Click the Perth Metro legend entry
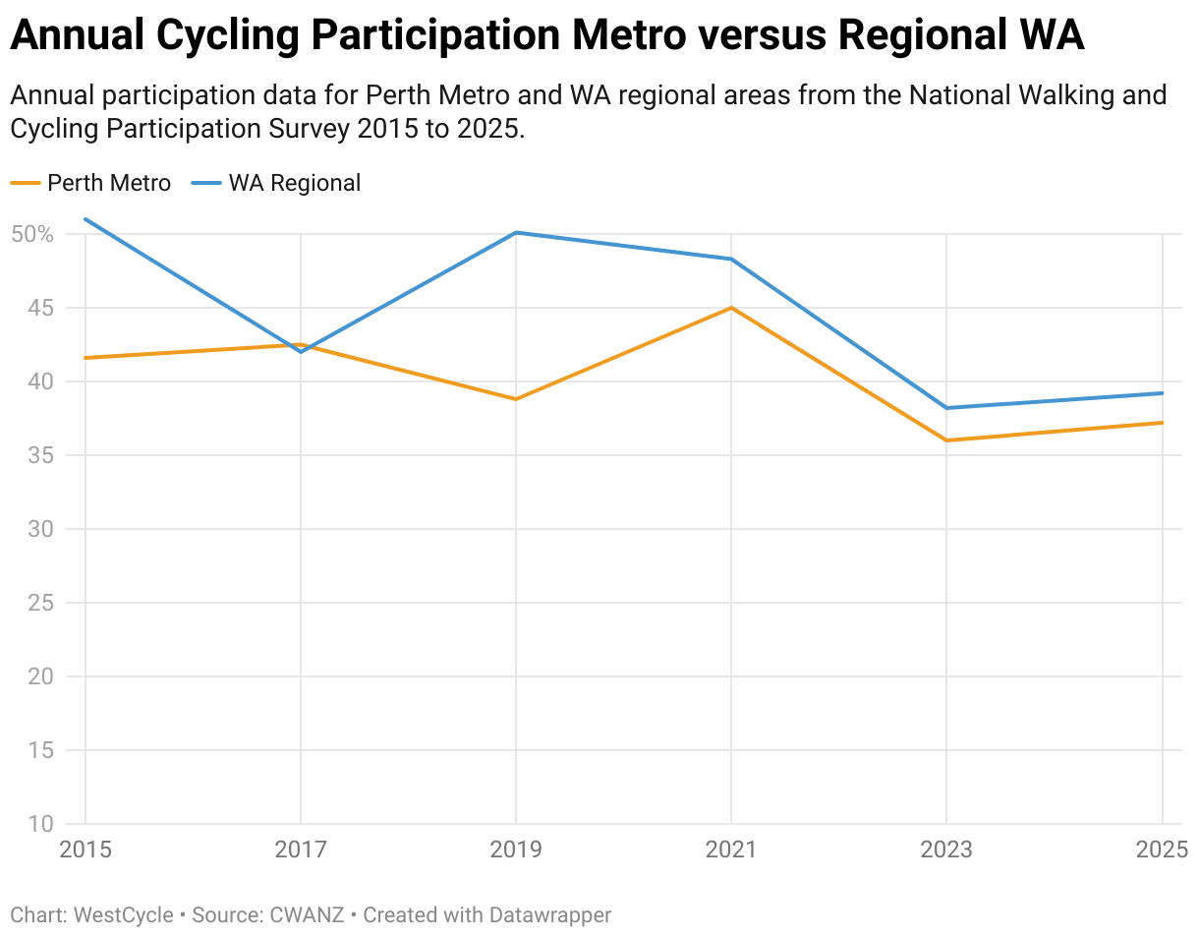point(108,183)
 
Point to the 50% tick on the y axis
point(32,234)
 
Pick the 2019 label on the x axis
point(516,850)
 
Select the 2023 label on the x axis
point(945,850)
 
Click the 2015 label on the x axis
point(86,850)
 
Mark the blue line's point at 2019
point(516,232)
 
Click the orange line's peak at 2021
point(731,308)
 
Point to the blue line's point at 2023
point(946,408)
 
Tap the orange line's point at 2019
point(516,399)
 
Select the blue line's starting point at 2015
point(86,219)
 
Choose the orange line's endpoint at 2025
point(1162,423)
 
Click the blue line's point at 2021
point(731,259)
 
